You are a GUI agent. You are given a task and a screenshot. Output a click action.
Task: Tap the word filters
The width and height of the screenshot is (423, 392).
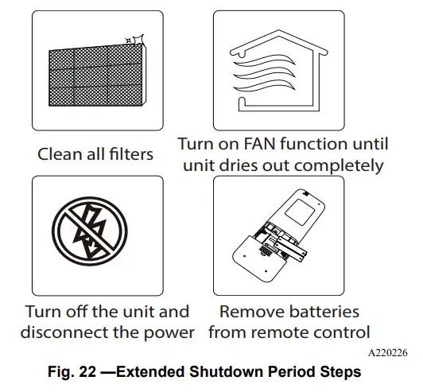pyautogui.click(x=128, y=153)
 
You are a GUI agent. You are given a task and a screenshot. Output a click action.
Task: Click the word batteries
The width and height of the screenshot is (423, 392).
pyautogui.click(x=323, y=311)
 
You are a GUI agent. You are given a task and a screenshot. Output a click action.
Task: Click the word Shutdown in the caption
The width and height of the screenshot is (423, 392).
pyautogui.click(x=235, y=372)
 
